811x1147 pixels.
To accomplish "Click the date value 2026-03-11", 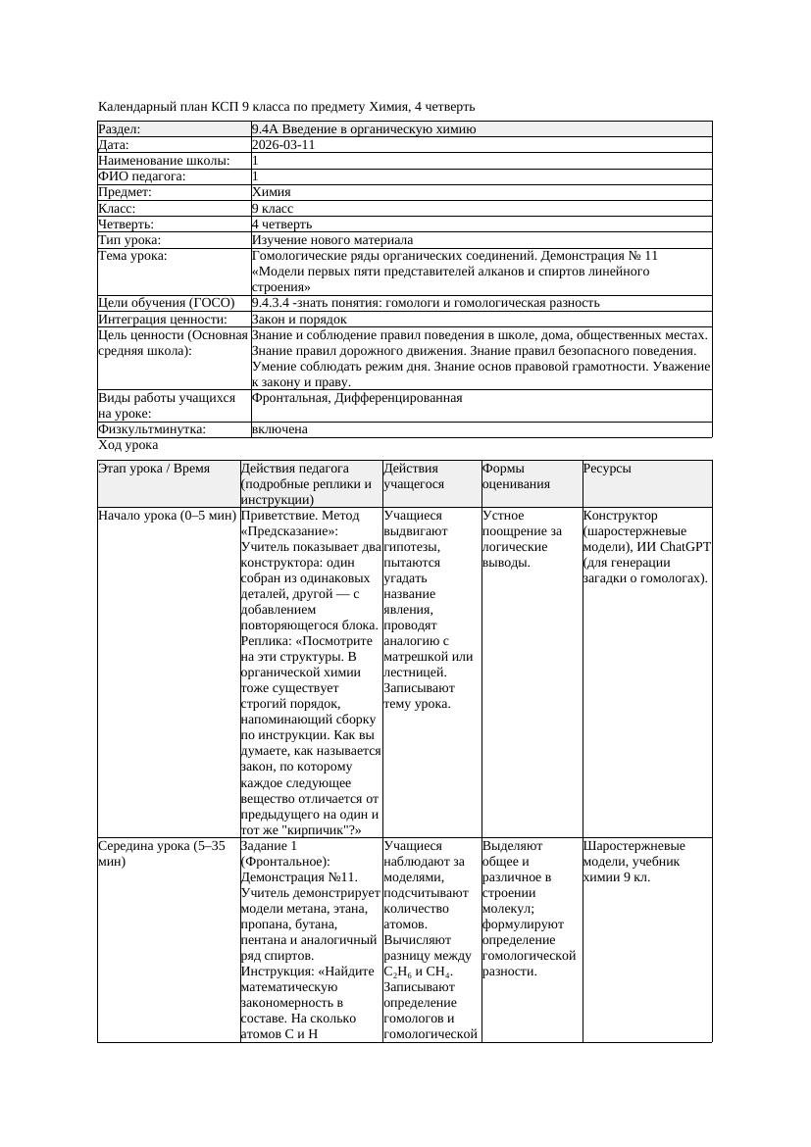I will pos(283,145).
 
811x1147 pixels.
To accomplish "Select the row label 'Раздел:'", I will pos(120,129).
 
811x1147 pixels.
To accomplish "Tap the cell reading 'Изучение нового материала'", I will pos(332,240).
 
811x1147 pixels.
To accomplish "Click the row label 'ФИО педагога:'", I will pos(142,176).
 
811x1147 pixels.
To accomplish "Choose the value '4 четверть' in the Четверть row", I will pos(281,224).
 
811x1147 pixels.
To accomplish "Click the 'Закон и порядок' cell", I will pos(299,320).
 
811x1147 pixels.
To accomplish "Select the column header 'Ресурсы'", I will pos(607,469).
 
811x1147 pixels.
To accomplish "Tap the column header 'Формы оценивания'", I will pos(515,476).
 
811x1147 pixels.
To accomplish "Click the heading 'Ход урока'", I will pos(128,445).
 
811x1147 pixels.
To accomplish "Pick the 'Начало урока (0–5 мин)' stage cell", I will pos(168,516).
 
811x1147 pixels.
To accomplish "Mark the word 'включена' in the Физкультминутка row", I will pos(279,429).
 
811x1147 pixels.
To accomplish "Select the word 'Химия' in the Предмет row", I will pos(271,193).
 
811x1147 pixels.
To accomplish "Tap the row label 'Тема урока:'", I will pos(132,256).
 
